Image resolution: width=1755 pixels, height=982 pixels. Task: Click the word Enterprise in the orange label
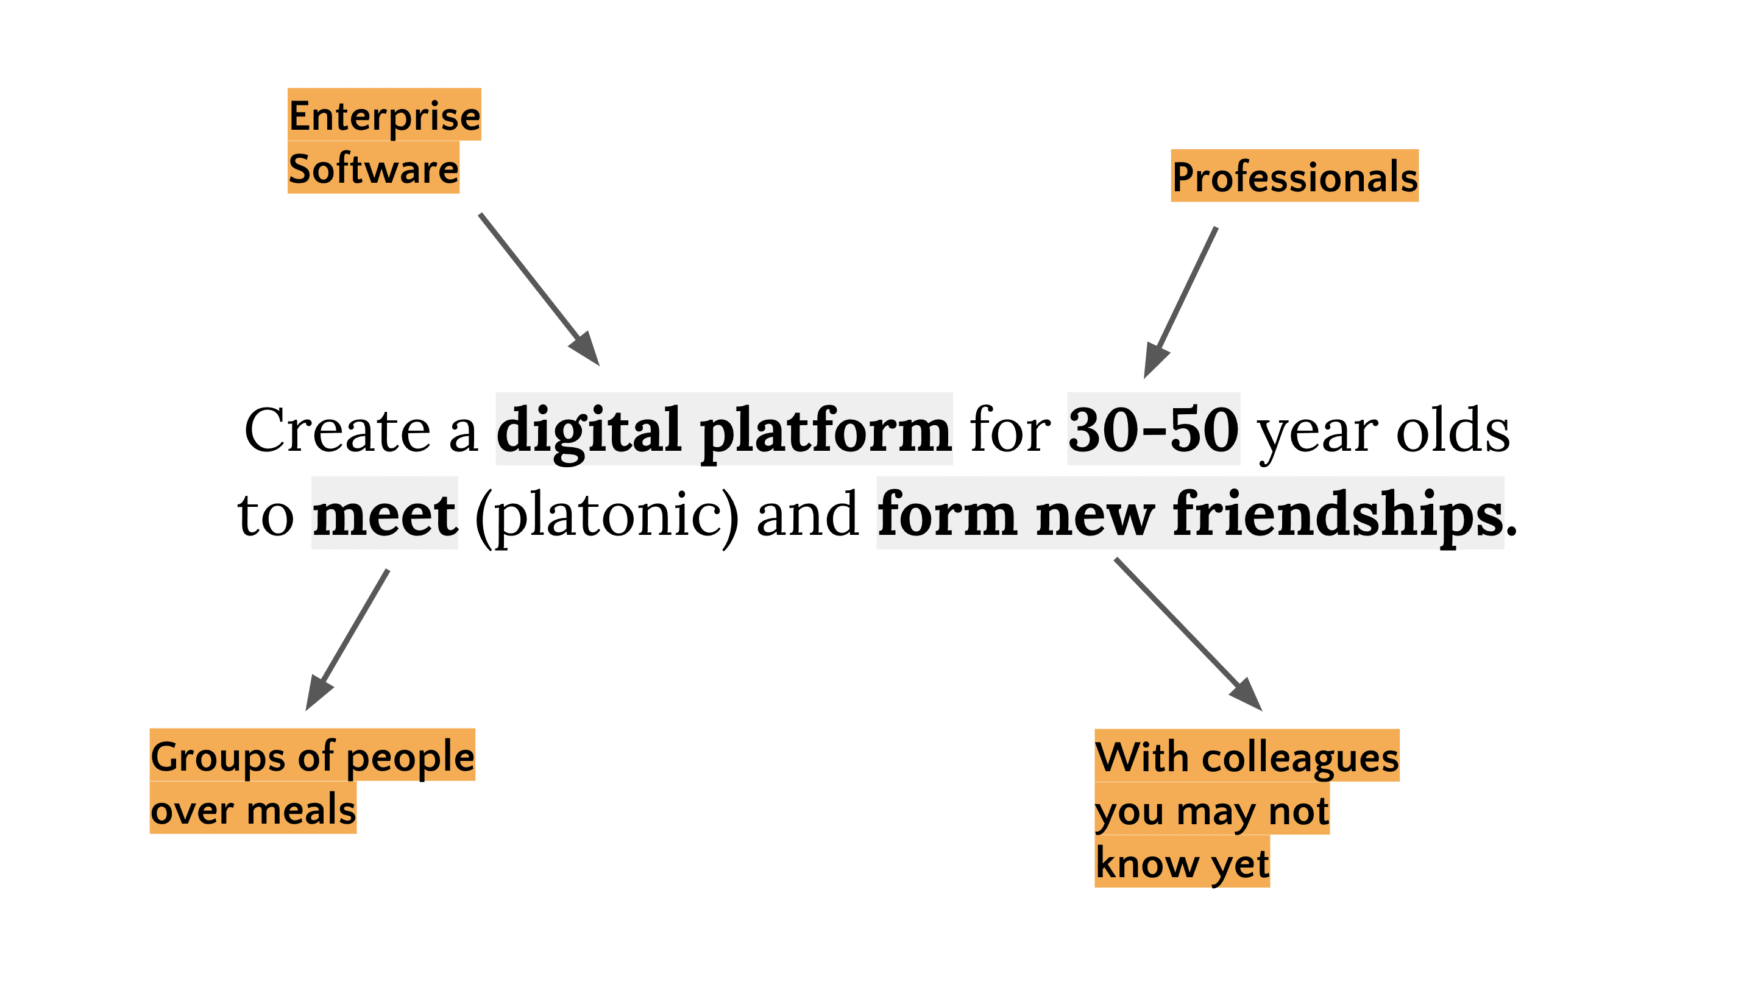coord(385,115)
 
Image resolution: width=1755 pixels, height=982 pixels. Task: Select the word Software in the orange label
coord(374,168)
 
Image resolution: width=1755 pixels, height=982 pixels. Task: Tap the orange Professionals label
coord(1294,177)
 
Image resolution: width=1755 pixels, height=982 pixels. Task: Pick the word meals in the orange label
coord(301,810)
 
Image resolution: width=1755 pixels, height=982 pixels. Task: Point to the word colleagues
coord(1300,757)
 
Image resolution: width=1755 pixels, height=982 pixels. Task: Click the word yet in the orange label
coord(1240,863)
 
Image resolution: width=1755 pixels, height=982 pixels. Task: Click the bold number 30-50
coord(1154,429)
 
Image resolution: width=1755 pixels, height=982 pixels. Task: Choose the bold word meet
coord(385,514)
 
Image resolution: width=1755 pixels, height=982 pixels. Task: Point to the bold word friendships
coord(1338,514)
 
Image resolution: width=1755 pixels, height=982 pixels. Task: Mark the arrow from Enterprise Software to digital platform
coord(538,289)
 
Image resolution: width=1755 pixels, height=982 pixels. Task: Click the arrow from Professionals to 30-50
coord(1182,301)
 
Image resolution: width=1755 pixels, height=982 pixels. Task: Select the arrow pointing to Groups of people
coord(348,639)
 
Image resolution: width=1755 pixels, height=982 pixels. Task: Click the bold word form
coord(947,514)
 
